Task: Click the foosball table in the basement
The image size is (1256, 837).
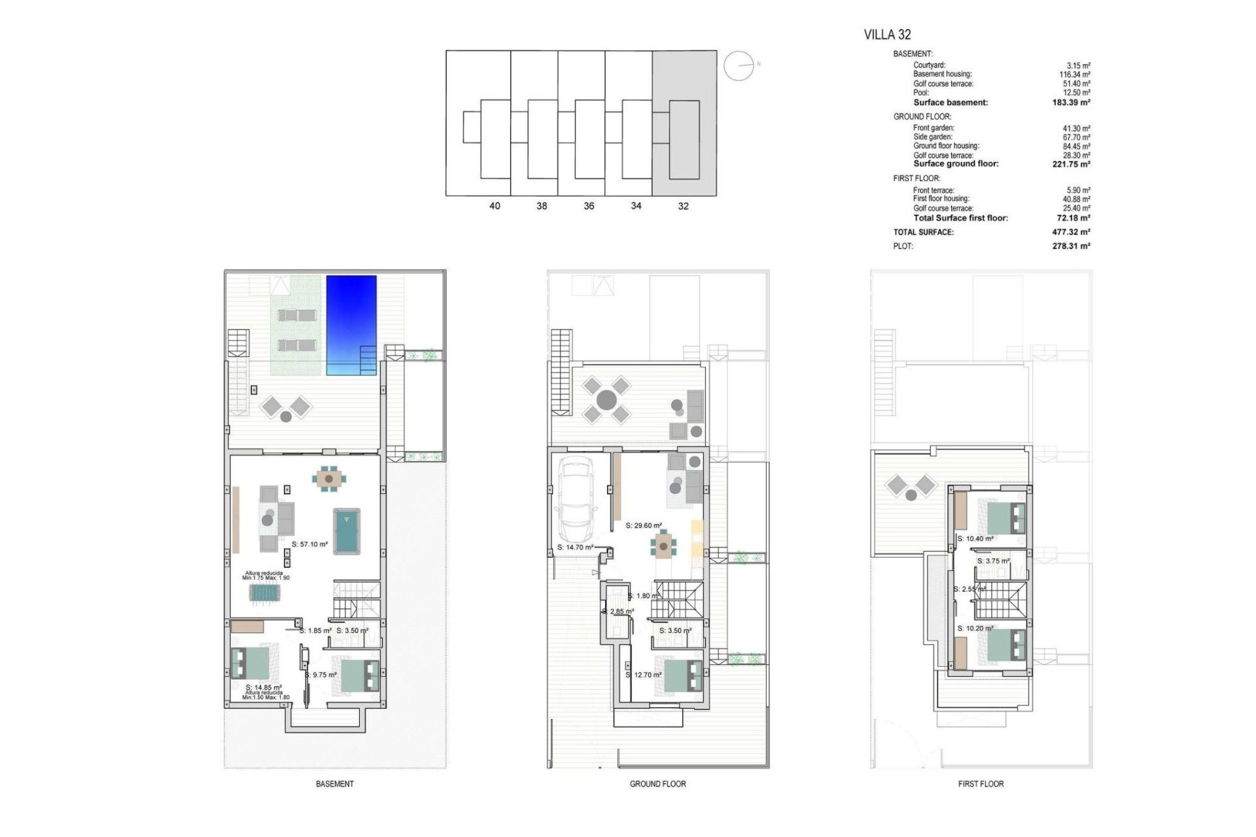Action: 265,592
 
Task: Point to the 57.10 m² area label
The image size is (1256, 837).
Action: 309,544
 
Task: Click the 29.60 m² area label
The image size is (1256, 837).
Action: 644,525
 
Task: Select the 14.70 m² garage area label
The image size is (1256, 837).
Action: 575,547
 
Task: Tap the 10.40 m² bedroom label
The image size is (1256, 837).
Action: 975,539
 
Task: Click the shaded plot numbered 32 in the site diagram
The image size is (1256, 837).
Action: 684,123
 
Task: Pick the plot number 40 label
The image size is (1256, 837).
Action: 495,206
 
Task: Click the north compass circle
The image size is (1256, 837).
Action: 739,65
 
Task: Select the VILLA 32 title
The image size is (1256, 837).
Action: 887,35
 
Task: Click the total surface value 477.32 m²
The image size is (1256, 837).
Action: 1071,232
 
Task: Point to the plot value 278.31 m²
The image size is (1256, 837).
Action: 1071,247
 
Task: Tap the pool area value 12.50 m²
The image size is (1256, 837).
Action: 1076,93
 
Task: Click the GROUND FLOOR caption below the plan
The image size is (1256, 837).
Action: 657,783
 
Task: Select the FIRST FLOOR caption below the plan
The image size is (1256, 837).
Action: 981,783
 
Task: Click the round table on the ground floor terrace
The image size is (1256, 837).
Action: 606,400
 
